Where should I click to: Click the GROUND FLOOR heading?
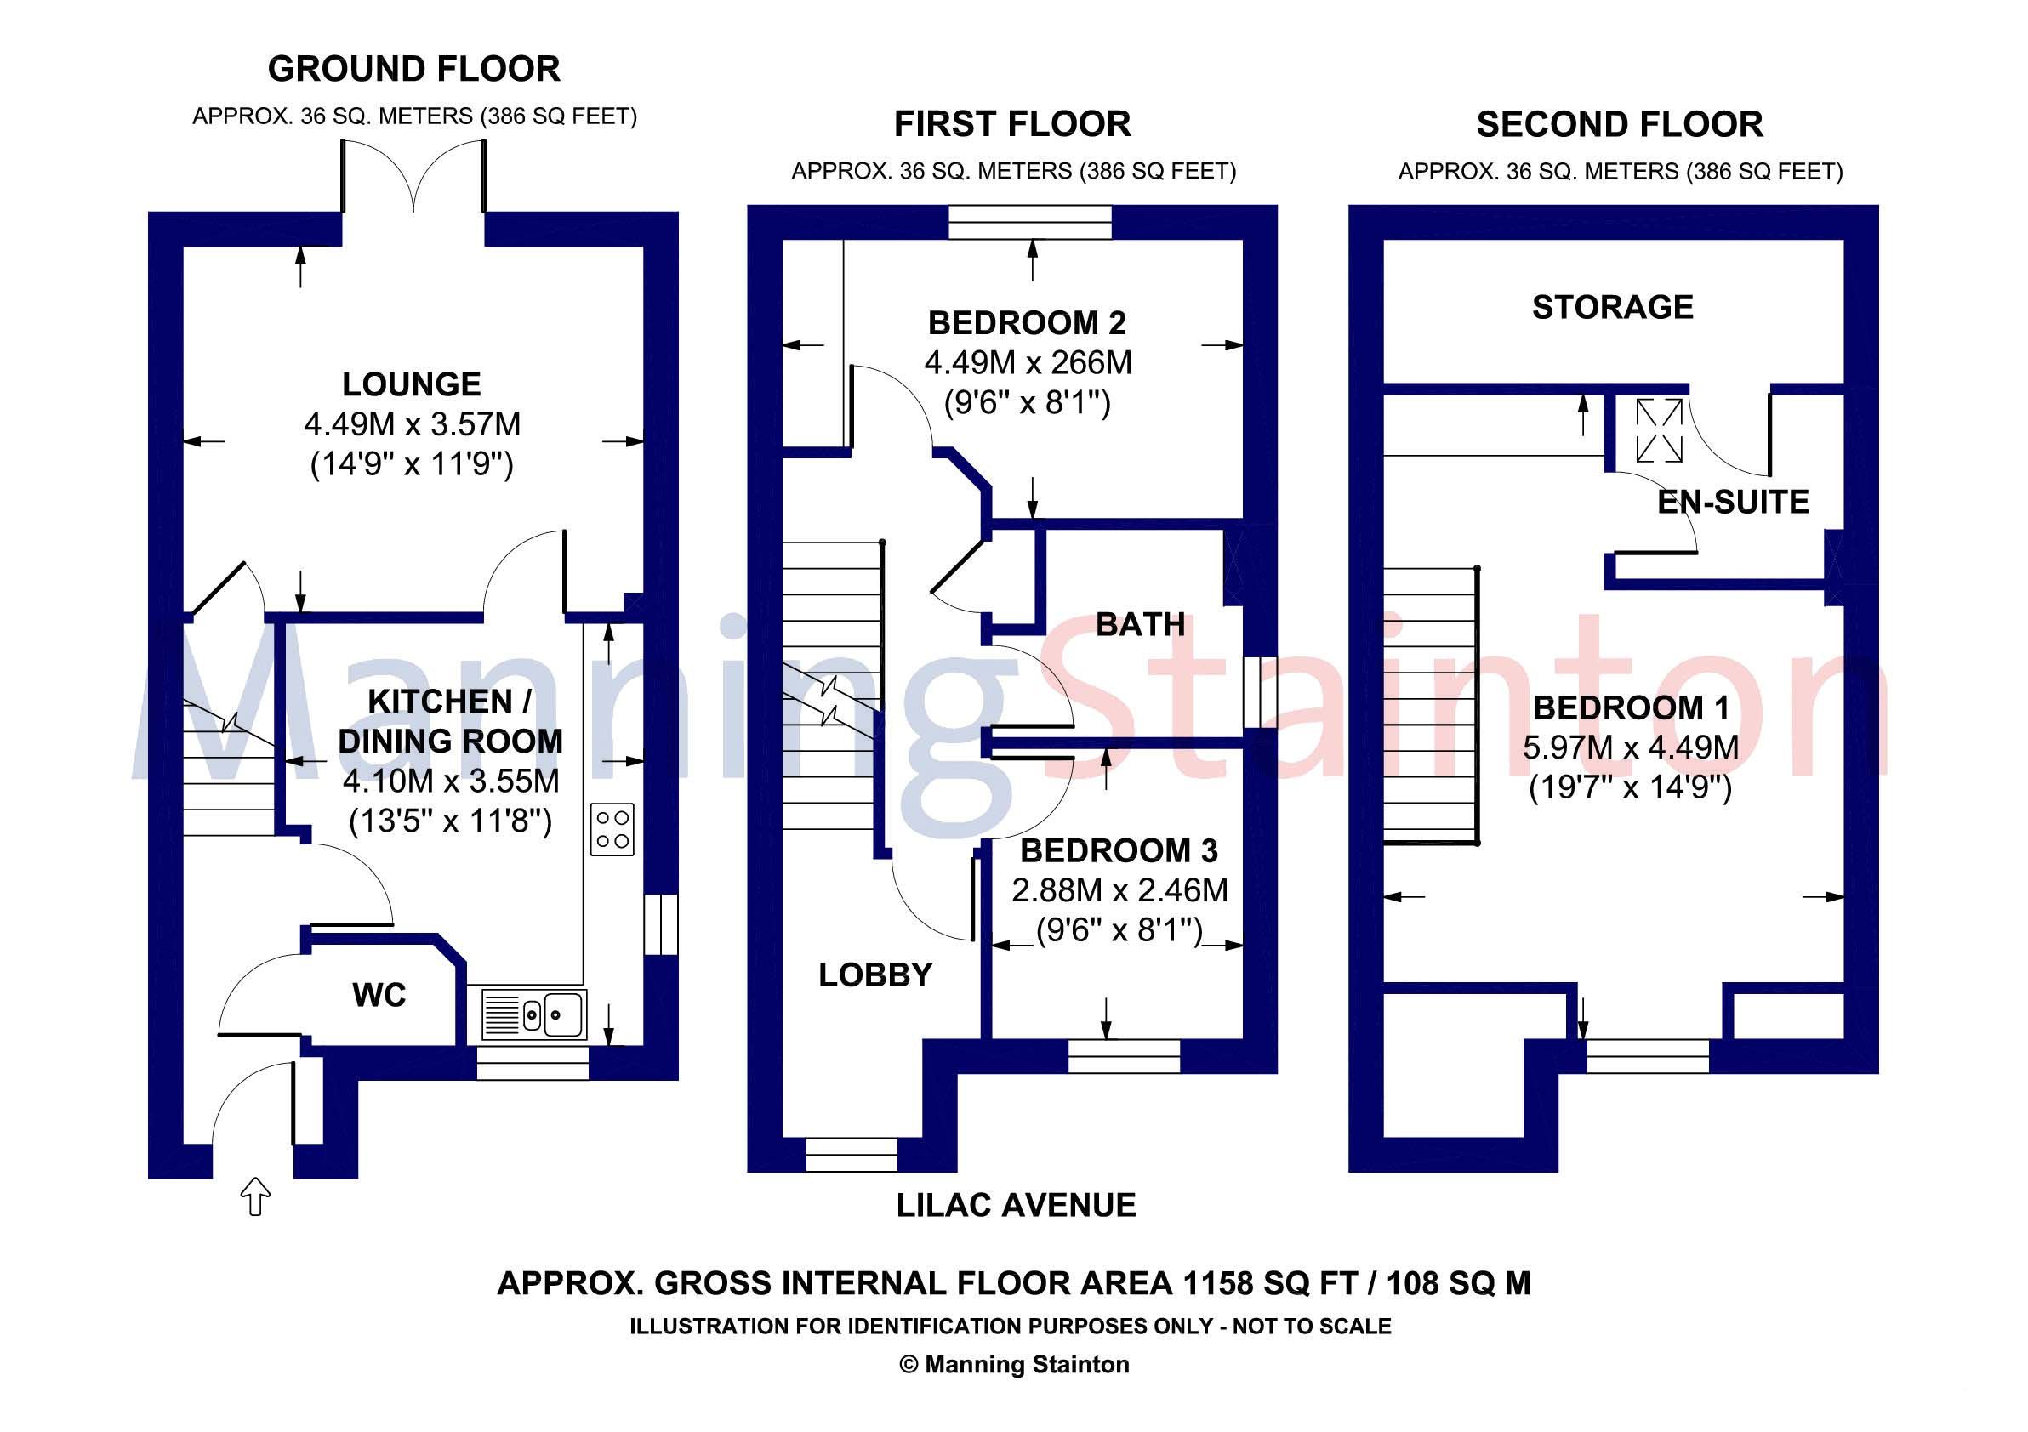coord(413,69)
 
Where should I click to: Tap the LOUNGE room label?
coord(412,384)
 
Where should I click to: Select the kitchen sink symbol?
coord(534,1014)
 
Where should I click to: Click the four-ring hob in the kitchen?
coord(612,829)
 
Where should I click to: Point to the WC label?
coord(379,995)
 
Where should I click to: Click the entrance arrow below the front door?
coord(255,1196)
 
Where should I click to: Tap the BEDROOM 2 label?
coord(1027,323)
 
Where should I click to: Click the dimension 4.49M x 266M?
coord(1028,363)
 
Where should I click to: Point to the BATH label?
coord(1140,624)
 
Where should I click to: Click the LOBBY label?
coord(875,975)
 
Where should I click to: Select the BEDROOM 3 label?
coord(1119,850)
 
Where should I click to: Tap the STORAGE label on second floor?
coord(1613,307)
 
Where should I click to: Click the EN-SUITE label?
coord(1732,502)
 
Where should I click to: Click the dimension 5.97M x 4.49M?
coord(1631,747)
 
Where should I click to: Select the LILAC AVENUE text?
coord(1016,1205)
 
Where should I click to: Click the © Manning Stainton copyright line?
coord(1014,1364)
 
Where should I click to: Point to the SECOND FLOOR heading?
coord(1619,124)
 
